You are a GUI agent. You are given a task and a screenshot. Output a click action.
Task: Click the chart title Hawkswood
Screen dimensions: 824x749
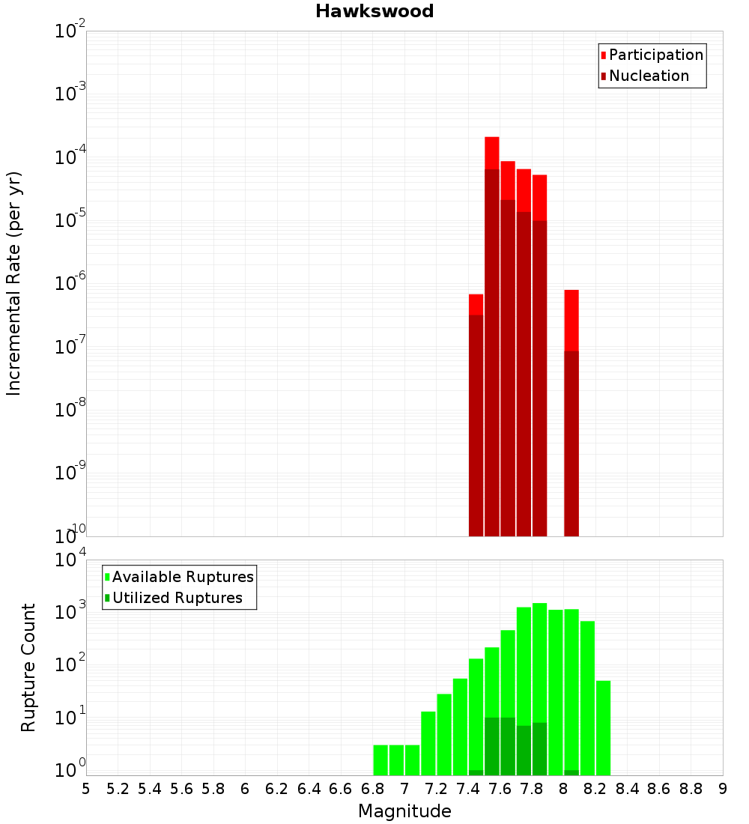pos(374,11)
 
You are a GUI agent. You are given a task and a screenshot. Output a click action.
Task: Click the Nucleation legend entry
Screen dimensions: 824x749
pos(649,76)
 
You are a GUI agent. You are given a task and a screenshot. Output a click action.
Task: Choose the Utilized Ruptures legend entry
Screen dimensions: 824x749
pos(177,598)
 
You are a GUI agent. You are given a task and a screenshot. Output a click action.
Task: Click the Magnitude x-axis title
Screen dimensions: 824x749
pos(404,811)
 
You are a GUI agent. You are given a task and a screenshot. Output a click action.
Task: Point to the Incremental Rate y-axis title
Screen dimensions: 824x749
pos(14,283)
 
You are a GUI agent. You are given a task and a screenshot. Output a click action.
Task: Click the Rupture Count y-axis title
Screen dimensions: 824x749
pos(28,667)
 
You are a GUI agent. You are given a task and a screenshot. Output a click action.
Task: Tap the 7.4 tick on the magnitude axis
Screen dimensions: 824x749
pos(468,789)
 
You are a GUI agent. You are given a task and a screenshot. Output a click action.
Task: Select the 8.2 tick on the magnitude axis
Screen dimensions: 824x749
pos(595,789)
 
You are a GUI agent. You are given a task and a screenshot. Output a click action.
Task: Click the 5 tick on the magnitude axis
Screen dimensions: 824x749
pos(86,789)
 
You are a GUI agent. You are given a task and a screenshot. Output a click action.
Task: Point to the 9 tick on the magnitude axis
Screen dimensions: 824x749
pos(723,789)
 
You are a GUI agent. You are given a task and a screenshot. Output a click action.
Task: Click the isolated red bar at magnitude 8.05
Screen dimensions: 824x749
pos(571,412)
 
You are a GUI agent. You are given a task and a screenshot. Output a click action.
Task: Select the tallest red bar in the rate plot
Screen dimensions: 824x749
pos(492,337)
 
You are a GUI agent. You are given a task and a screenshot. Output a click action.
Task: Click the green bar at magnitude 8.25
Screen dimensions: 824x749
pos(604,727)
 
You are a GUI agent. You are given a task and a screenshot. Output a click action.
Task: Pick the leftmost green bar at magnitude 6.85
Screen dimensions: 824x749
pos(380,760)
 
